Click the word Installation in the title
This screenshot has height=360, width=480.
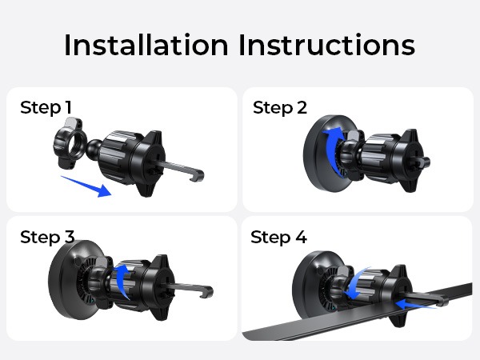(146, 45)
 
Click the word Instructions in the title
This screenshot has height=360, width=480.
(326, 45)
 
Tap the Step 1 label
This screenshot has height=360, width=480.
(46, 108)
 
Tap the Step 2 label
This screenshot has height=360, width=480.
(280, 108)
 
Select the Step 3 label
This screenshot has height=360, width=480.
(47, 238)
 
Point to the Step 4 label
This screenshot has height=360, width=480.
(278, 238)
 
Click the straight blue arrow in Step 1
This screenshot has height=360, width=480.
(86, 186)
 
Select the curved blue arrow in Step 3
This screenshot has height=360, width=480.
(124, 280)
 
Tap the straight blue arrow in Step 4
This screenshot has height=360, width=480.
(415, 305)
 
